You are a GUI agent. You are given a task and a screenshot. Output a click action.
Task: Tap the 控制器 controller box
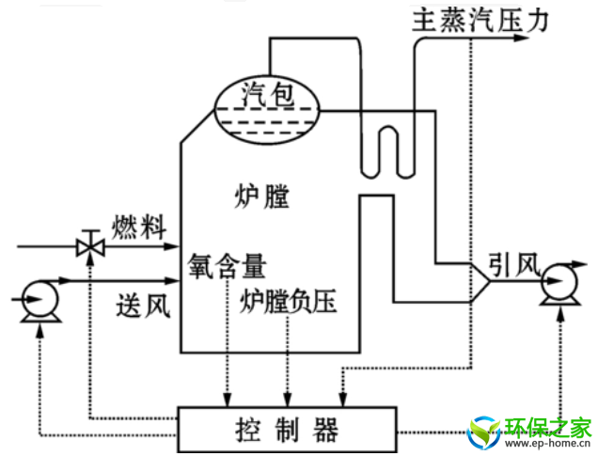(287, 429)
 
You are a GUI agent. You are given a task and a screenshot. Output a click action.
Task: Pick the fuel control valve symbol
(89, 246)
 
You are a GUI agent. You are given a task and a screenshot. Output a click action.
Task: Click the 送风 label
(143, 305)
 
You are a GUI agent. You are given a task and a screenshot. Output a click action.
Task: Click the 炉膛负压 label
(288, 302)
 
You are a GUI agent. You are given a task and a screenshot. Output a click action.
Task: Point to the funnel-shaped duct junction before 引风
(480, 281)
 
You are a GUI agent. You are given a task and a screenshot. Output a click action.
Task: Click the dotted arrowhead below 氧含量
(227, 399)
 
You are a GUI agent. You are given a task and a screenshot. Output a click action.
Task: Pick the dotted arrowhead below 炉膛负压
(288, 399)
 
